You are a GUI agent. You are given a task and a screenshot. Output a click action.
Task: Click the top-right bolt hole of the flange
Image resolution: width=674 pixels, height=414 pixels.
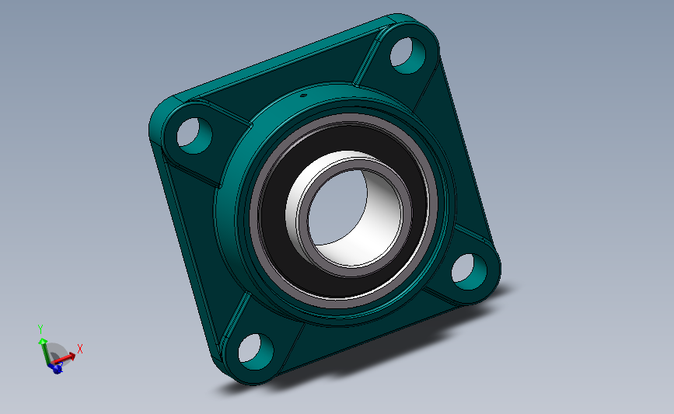(407, 55)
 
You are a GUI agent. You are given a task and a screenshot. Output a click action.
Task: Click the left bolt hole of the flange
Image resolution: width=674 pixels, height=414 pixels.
(194, 135)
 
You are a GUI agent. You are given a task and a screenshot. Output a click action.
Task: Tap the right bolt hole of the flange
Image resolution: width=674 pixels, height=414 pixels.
(469, 271)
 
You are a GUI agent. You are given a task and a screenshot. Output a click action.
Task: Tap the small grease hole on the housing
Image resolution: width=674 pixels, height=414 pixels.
(302, 96)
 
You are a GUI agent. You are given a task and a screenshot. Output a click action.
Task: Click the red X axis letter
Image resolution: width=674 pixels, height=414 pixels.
(79, 348)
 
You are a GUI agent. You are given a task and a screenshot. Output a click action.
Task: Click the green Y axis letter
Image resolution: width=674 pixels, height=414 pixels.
(40, 329)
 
